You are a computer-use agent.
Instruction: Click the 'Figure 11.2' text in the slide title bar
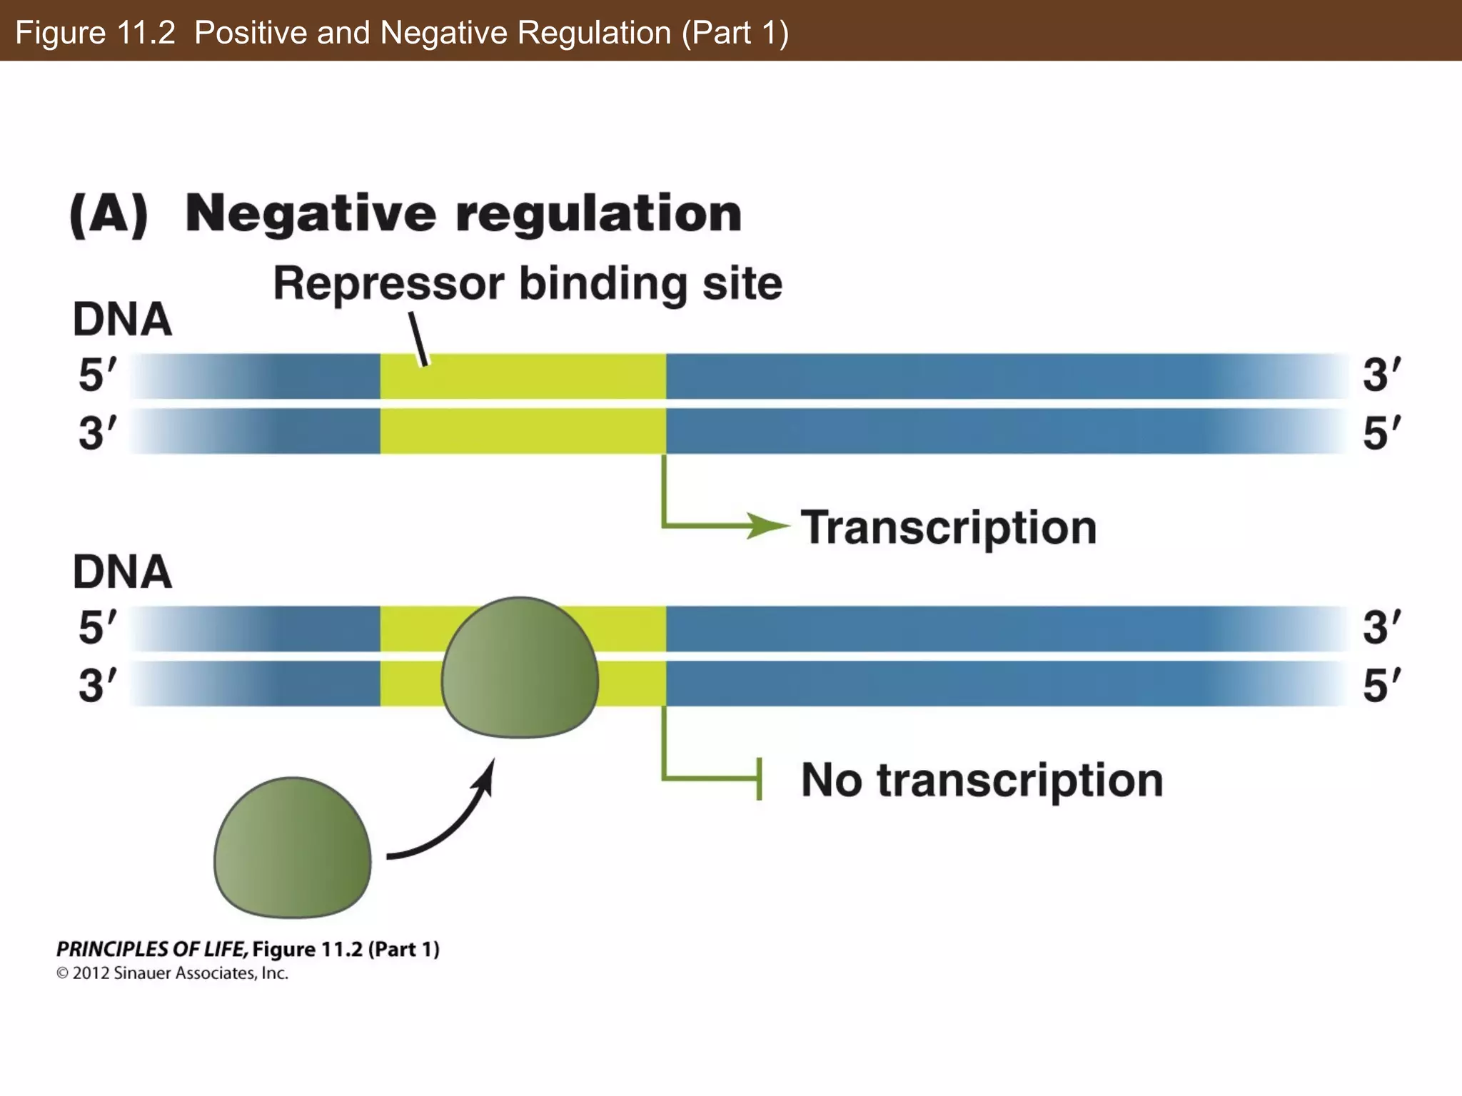pyautogui.click(x=95, y=33)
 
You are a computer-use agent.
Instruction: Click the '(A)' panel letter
pyautogui.click(x=109, y=214)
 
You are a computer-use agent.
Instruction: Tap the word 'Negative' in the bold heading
pyautogui.click(x=310, y=214)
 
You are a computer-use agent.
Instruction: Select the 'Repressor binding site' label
pyautogui.click(x=528, y=284)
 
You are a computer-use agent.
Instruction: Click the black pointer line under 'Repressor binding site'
pyautogui.click(x=418, y=339)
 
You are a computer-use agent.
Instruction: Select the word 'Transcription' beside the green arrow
pyautogui.click(x=948, y=528)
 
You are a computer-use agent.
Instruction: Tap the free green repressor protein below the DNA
pyautogui.click(x=292, y=848)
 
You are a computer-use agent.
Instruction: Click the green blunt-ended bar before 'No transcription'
pyautogui.click(x=758, y=779)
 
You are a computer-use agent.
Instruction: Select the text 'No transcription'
pyautogui.click(x=982, y=780)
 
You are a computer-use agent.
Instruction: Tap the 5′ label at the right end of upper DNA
pyautogui.click(x=1382, y=432)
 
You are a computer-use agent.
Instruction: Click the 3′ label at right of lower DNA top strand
pyautogui.click(x=1382, y=627)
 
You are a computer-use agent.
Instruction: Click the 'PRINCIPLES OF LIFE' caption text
pyautogui.click(x=151, y=949)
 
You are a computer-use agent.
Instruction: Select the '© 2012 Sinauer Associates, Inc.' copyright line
pyautogui.click(x=172, y=973)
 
